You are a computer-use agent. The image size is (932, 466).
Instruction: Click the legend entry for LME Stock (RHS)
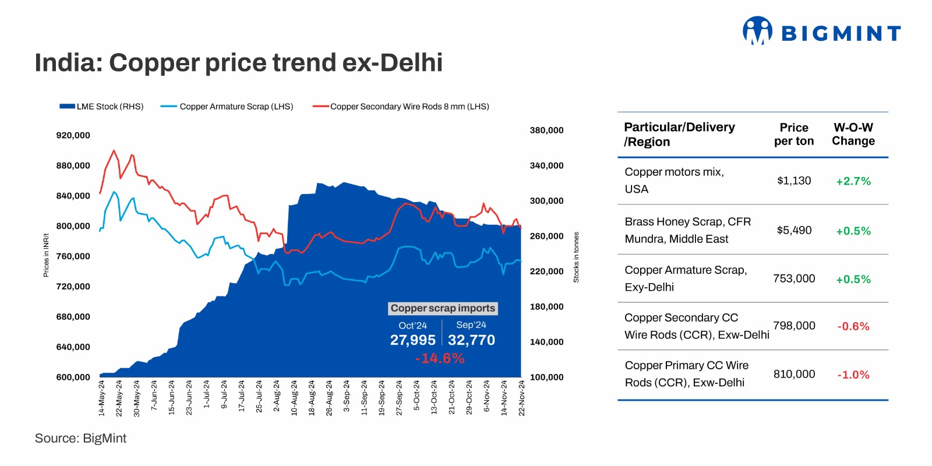(x=101, y=107)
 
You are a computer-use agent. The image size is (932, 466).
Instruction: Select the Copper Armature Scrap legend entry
(x=227, y=107)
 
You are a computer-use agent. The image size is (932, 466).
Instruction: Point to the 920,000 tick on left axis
(x=73, y=135)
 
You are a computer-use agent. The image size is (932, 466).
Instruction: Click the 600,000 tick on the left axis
(x=73, y=377)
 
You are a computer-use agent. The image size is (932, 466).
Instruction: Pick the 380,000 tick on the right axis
(x=546, y=130)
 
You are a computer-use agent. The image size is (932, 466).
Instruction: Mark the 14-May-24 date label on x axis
(x=102, y=398)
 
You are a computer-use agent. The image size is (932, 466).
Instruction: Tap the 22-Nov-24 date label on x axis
(x=522, y=398)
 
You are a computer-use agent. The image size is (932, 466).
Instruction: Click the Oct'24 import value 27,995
(x=412, y=340)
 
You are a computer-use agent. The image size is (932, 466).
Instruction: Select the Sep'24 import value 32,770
(x=471, y=340)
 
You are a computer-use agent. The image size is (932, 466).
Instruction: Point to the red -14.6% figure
(x=440, y=358)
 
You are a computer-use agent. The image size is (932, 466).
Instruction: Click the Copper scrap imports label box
(x=443, y=308)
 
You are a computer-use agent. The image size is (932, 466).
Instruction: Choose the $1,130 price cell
(x=794, y=181)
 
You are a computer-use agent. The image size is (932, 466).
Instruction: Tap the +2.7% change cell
(x=853, y=181)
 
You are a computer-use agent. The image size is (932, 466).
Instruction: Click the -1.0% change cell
(x=853, y=375)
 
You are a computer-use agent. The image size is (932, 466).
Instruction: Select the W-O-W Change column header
(x=853, y=135)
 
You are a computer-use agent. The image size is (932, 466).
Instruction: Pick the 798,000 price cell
(x=794, y=326)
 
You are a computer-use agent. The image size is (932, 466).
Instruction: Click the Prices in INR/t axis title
(x=46, y=255)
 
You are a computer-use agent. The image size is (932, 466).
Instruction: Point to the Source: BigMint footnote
(x=80, y=438)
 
